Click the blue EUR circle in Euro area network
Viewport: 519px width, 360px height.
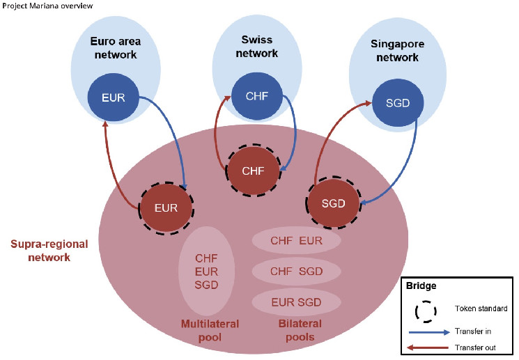pos(112,98)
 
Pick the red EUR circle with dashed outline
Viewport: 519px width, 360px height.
pos(166,207)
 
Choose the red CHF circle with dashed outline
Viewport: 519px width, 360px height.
pos(253,171)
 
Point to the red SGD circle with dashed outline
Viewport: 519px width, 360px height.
pos(332,203)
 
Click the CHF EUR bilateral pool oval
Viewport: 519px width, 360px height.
pos(296,241)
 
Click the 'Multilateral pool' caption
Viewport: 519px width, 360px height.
pos(210,330)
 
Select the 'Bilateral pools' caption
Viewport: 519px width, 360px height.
pos(296,330)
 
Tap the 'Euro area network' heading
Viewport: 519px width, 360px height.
pos(115,47)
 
